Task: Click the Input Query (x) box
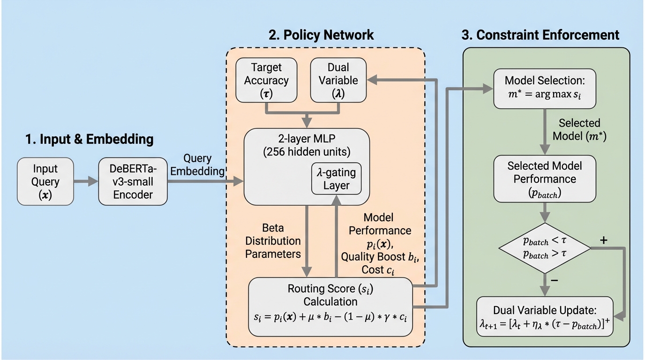point(45,181)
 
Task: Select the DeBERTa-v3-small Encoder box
point(133,181)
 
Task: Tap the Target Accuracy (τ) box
point(266,80)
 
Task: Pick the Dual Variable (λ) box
point(338,80)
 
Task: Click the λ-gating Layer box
point(336,179)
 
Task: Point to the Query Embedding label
point(197,165)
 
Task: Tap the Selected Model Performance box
point(544,179)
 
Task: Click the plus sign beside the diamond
point(604,241)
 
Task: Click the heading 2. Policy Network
point(321,35)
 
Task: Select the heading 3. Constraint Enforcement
point(540,35)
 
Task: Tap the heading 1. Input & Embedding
point(89,139)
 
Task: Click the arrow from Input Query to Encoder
point(85,181)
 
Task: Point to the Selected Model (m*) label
point(579,129)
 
